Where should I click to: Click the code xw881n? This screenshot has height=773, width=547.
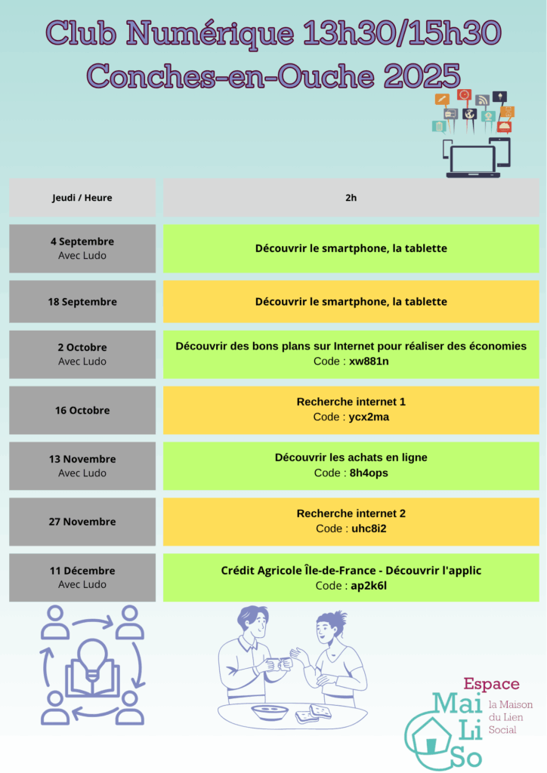(x=369, y=362)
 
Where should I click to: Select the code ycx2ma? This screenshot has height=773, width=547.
(x=369, y=417)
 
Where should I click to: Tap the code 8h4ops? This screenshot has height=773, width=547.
(x=369, y=473)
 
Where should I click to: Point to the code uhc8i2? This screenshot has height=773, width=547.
(x=369, y=528)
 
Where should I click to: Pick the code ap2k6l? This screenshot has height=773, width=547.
(x=369, y=586)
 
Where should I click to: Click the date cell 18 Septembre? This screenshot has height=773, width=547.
(x=82, y=302)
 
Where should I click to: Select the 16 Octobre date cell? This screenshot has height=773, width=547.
(x=82, y=410)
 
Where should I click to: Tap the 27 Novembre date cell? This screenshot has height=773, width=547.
(x=82, y=522)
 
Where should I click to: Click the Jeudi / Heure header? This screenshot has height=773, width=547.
(x=82, y=198)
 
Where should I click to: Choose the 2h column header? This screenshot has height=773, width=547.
(x=351, y=198)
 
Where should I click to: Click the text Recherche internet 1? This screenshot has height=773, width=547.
(x=351, y=402)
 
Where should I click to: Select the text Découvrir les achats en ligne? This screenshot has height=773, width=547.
(x=351, y=457)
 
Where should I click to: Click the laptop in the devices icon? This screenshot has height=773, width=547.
(x=473, y=160)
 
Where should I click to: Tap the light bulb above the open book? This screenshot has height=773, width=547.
(x=92, y=656)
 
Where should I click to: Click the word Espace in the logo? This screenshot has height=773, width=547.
(x=491, y=684)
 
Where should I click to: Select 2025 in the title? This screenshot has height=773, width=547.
(x=422, y=76)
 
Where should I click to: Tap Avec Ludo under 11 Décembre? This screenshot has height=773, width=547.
(x=82, y=585)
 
